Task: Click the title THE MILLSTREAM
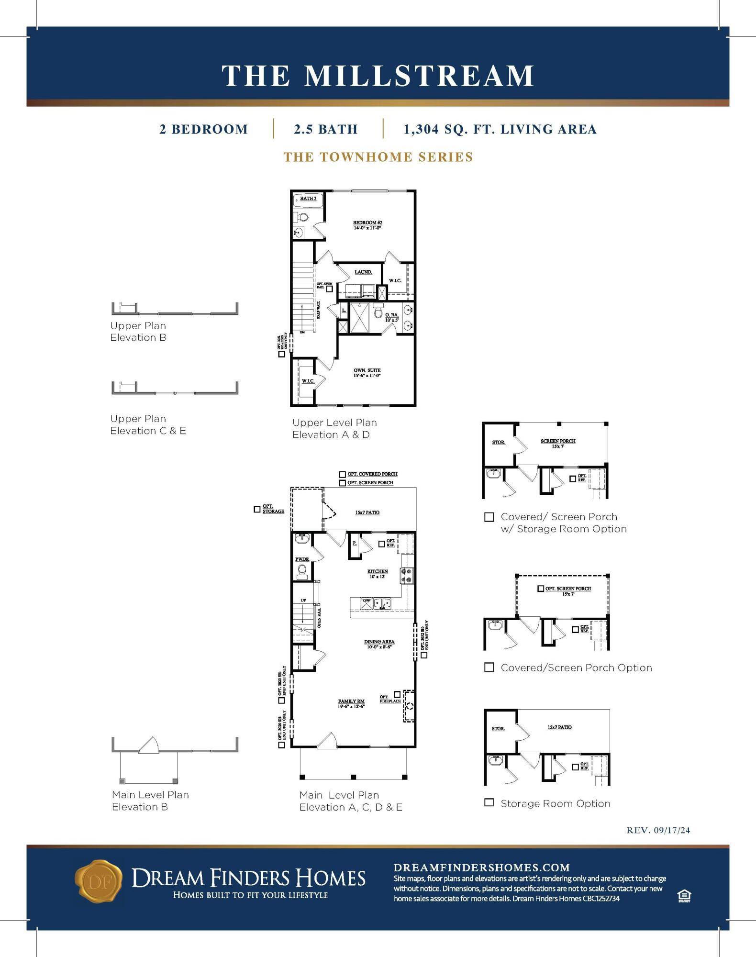pos(378,76)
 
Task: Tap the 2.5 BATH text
pos(325,129)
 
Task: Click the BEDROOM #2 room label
pos(367,223)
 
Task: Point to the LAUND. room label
pos(363,272)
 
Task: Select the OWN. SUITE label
pos(367,370)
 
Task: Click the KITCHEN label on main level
pos(378,571)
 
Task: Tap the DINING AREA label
pos(379,642)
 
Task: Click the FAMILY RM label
pos(351,701)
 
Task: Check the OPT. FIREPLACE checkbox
pos(397,694)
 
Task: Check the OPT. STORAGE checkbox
pos(257,509)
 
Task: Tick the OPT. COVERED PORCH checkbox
pos(343,474)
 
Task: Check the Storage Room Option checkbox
pos(489,802)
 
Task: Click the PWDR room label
pos(302,559)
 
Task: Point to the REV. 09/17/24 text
pos(658,830)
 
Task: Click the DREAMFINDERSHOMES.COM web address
pos(481,868)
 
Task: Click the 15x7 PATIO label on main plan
pos(367,512)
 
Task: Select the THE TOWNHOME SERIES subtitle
pos(378,157)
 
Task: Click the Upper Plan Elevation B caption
pos(138,331)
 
